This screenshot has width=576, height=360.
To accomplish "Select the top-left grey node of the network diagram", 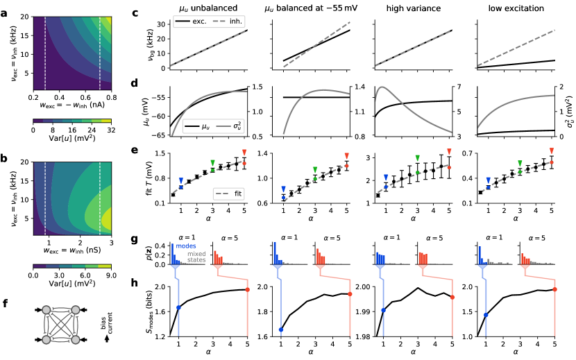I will click(x=46, y=309).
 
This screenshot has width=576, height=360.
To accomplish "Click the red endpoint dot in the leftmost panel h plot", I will click(x=248, y=289).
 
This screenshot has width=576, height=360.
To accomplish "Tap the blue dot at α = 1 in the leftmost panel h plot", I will click(x=179, y=307).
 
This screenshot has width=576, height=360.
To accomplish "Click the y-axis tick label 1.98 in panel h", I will click(x=359, y=336).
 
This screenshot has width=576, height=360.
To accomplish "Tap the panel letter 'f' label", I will click(x=6, y=302).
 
